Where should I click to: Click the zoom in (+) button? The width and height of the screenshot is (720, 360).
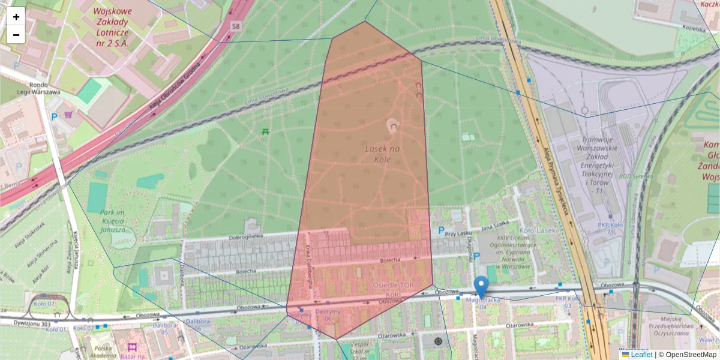pos(16,16)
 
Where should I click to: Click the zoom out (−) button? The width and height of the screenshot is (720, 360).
pos(16,34)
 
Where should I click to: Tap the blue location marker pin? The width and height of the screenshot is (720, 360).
pos(481,287)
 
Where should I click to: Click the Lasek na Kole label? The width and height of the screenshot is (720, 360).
pos(379,153)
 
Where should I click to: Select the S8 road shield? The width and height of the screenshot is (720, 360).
pos(236,26)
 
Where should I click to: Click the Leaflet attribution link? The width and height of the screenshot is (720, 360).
pos(641,355)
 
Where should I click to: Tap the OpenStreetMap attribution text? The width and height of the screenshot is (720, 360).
pos(691,355)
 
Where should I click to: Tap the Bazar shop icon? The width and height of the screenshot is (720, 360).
pos(132,347)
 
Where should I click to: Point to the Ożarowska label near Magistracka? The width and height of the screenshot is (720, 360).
pos(519,325)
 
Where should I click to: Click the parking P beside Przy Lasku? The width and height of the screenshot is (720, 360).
pos(442,230)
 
